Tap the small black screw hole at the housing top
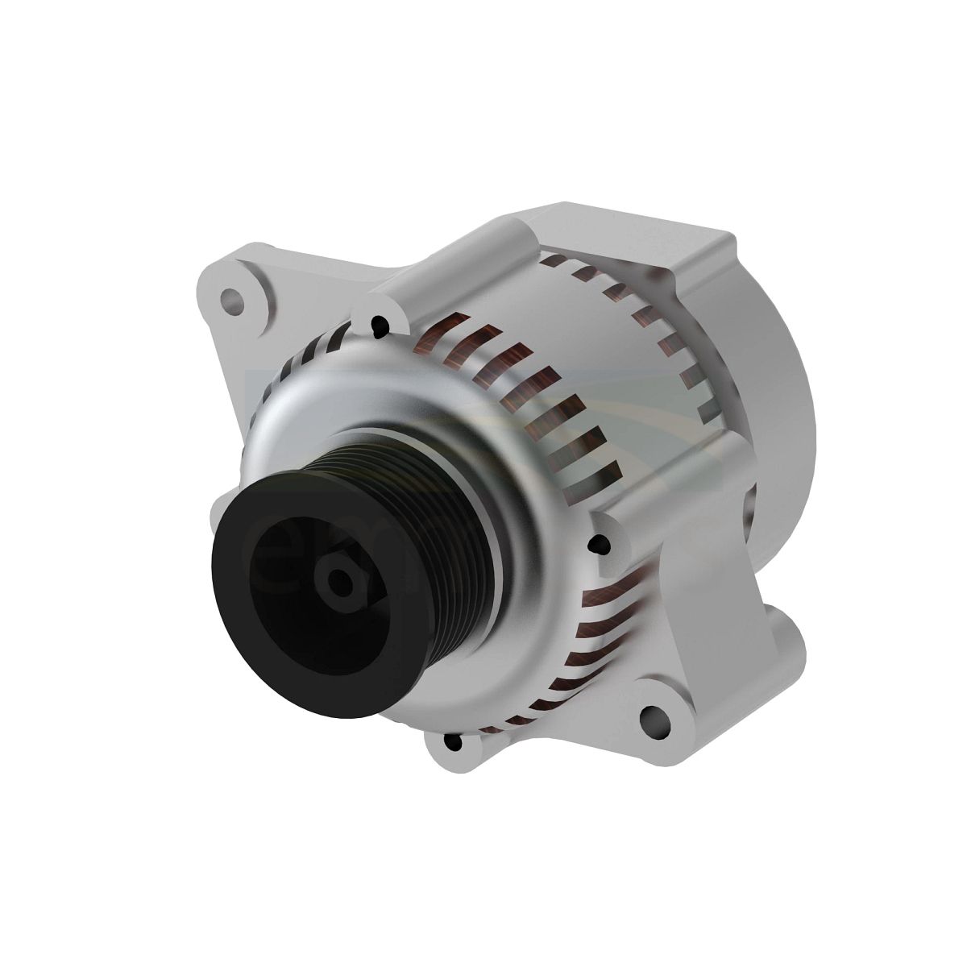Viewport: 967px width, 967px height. click(x=378, y=326)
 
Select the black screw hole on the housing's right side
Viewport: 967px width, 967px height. click(x=597, y=546)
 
